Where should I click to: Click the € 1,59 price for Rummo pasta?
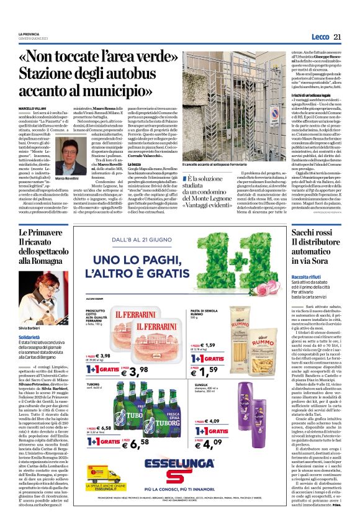click(x=236, y=371)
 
